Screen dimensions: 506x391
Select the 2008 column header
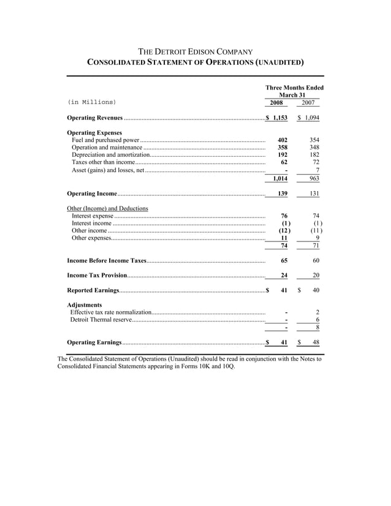pyautogui.click(x=279, y=103)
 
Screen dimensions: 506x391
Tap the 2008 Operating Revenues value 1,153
pyautogui.click(x=280, y=117)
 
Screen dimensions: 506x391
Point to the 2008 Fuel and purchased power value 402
pyautogui.click(x=283, y=140)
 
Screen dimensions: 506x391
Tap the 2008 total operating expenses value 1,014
pyautogui.click(x=280, y=178)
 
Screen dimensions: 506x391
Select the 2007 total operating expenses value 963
pyautogui.click(x=314, y=178)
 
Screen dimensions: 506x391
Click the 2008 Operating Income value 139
pyautogui.click(x=282, y=194)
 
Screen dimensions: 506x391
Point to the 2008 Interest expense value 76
pyautogui.click(x=284, y=216)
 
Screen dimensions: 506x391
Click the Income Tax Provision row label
pyautogui.click(x=97, y=275)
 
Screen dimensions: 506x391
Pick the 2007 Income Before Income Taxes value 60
pyautogui.click(x=316, y=260)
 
